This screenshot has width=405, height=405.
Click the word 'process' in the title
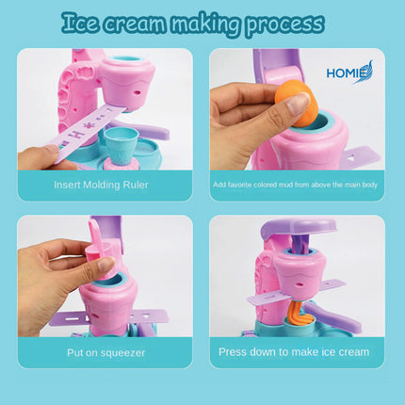coord(284,24)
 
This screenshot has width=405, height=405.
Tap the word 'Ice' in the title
coord(79,23)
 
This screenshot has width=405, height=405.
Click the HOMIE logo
coord(349,73)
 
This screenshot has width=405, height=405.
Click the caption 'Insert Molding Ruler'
coord(101,185)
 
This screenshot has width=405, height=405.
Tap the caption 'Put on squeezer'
coord(105,352)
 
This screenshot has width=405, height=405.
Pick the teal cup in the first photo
coord(121,146)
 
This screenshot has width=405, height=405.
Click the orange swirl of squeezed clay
coord(300,314)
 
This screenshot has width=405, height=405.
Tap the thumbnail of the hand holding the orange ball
coord(297,109)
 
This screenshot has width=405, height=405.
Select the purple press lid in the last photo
coord(299,229)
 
